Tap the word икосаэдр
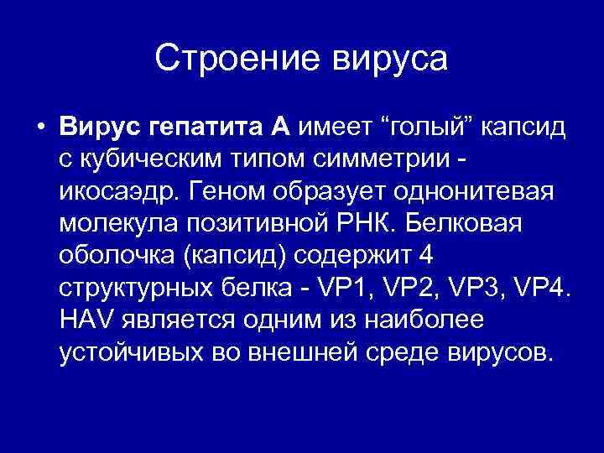coord(115,191)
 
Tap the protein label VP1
coord(334,288)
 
